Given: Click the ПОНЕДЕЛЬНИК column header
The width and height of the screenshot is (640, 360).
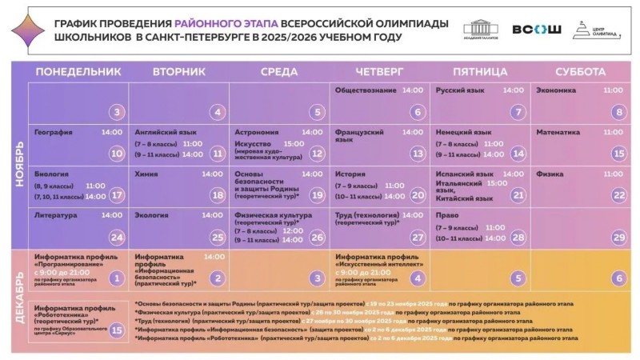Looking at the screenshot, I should pyautogui.click(x=78, y=72).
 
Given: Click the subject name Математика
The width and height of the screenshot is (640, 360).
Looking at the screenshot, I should pyautogui.click(x=558, y=131).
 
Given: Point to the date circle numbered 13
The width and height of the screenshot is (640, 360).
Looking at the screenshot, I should pyautogui.click(x=417, y=153).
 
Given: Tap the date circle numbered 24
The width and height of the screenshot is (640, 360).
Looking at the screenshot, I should pyautogui.click(x=117, y=237).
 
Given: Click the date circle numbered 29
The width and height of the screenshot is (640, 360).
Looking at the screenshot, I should pyautogui.click(x=618, y=237).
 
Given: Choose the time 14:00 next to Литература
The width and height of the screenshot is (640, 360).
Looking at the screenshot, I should pyautogui.click(x=112, y=215).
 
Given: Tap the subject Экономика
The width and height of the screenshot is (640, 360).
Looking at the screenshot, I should pyautogui.click(x=556, y=90).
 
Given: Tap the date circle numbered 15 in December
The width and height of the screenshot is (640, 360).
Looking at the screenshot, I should pyautogui.click(x=117, y=329).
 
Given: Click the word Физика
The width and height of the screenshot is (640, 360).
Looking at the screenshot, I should pyautogui.click(x=550, y=174).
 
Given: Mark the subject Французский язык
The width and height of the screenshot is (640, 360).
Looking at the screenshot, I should pyautogui.click(x=359, y=135).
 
